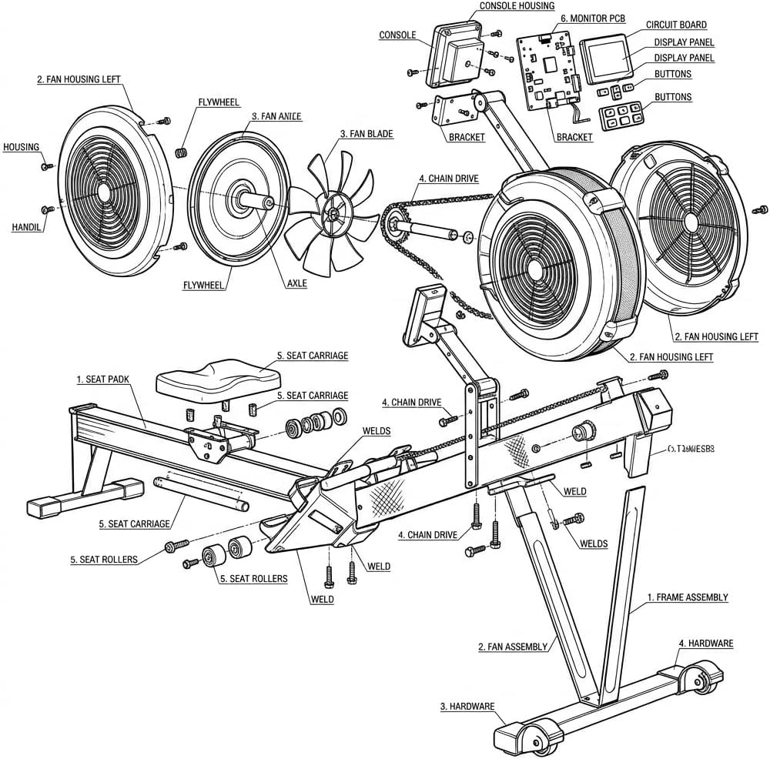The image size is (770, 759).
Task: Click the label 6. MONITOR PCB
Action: (x=592, y=18)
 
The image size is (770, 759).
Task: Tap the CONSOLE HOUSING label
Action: (x=516, y=5)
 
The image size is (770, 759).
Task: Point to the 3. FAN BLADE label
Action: (x=367, y=134)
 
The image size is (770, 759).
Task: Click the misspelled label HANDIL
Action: (x=26, y=227)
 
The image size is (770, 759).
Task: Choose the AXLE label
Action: (x=296, y=283)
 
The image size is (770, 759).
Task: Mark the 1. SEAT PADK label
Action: (x=102, y=379)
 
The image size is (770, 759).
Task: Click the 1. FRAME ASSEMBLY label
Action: (x=687, y=597)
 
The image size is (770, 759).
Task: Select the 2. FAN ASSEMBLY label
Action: (x=513, y=647)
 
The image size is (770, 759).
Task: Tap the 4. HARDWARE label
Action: (x=705, y=644)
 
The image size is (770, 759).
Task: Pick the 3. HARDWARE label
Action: (x=467, y=706)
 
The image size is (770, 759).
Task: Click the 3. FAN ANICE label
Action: (x=276, y=116)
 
